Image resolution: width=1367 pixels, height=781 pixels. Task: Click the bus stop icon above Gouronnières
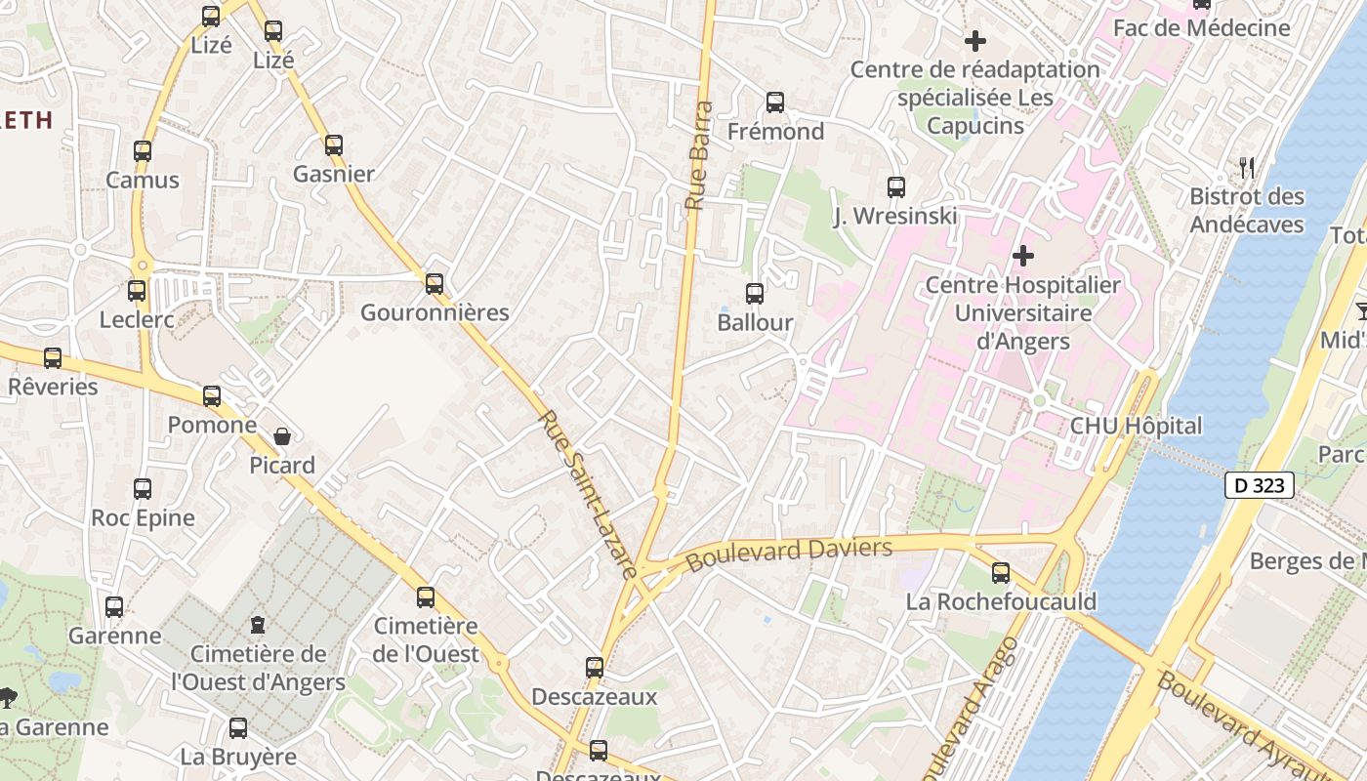pyautogui.click(x=435, y=284)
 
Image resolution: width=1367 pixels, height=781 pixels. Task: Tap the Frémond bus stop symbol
pyautogui.click(x=775, y=103)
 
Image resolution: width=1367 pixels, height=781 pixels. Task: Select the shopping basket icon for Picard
pyautogui.click(x=282, y=436)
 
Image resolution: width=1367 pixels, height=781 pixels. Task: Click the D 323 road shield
pyautogui.click(x=1260, y=485)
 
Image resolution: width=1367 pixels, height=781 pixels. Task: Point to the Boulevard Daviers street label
pyautogui.click(x=789, y=555)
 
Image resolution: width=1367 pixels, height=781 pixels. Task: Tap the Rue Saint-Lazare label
pyautogui.click(x=589, y=493)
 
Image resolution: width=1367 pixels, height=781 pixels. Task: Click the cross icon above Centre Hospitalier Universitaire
pyautogui.click(x=1022, y=256)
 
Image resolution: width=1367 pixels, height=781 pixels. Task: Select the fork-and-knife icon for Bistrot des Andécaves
pyautogui.click(x=1247, y=168)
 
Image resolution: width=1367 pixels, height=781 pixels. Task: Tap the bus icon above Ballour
pyautogui.click(x=755, y=294)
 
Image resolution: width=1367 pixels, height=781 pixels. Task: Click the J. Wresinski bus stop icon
pyautogui.click(x=896, y=187)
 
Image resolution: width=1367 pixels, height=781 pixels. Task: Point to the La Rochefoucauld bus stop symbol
pyautogui.click(x=1001, y=573)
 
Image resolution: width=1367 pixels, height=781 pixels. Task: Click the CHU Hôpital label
pyautogui.click(x=1136, y=426)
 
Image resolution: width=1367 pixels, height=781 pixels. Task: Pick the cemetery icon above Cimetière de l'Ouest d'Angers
pyautogui.click(x=258, y=624)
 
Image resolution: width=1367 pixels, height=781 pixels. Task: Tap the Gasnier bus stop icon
pyautogui.click(x=334, y=145)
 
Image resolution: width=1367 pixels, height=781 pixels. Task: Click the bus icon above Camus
pyautogui.click(x=143, y=151)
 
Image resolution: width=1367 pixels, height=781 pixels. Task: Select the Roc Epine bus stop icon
pyautogui.click(x=143, y=489)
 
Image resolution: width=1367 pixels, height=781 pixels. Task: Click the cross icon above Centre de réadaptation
pyautogui.click(x=974, y=41)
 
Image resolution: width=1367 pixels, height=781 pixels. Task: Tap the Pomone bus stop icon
pyautogui.click(x=212, y=396)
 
